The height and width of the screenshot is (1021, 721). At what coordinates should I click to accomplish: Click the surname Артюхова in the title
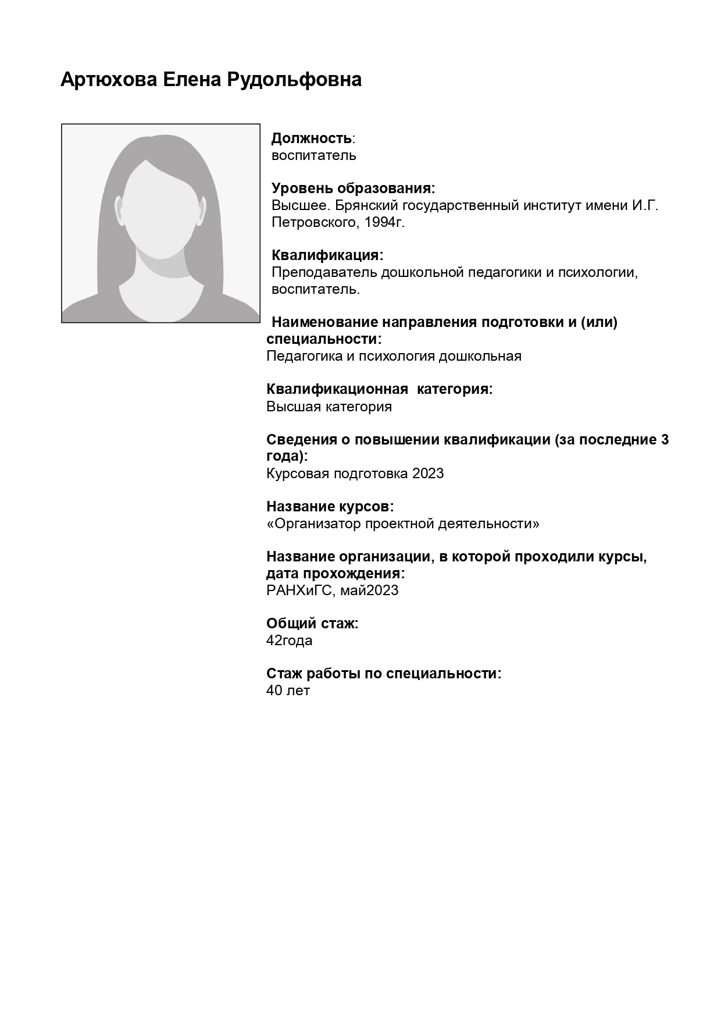click(x=109, y=80)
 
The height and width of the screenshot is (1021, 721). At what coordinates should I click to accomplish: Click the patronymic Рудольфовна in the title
click(x=294, y=80)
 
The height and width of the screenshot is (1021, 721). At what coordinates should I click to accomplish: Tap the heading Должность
click(x=312, y=138)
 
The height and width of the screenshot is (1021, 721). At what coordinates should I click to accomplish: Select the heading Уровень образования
click(x=354, y=188)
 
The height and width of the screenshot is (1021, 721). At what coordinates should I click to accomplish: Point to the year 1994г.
click(x=384, y=222)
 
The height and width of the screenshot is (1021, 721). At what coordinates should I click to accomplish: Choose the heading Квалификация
click(x=327, y=255)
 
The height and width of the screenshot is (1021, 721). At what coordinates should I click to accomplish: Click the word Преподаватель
click(x=324, y=272)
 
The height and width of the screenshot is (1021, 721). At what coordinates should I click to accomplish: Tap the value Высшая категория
click(x=329, y=407)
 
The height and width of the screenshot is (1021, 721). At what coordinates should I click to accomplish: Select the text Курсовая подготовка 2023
click(x=355, y=474)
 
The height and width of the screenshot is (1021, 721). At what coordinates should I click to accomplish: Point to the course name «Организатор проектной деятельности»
click(x=402, y=524)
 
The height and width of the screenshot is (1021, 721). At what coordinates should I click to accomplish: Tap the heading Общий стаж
click(x=312, y=624)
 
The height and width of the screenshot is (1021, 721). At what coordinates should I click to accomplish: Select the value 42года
click(x=289, y=641)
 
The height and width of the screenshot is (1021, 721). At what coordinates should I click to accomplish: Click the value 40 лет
click(x=288, y=691)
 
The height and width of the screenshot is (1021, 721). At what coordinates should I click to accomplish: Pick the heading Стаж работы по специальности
click(x=384, y=674)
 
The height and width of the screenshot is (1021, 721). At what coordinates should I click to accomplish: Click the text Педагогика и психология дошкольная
click(x=394, y=356)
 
